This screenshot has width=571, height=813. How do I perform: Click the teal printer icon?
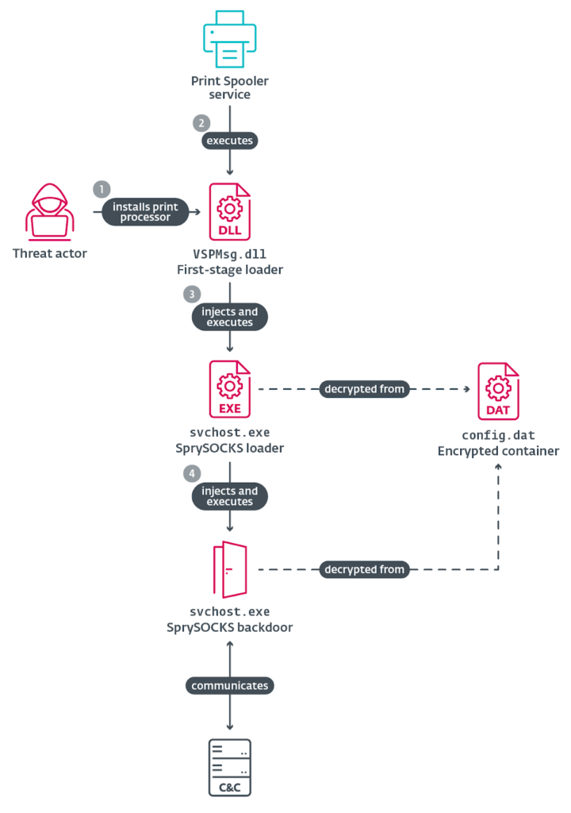coord(229,39)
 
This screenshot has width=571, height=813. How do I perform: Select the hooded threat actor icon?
coord(50,212)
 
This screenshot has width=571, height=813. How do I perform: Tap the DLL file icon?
coord(229,211)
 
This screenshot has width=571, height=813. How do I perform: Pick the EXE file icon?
coord(229,389)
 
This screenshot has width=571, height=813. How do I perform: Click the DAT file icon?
coord(498,391)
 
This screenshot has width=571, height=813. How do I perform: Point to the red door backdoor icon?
coord(229,569)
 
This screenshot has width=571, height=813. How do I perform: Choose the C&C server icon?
coord(229,768)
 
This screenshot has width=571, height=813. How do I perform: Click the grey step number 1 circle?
coord(102,189)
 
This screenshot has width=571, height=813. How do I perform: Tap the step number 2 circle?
coord(201,123)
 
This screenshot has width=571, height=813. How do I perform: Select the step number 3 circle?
coord(192,295)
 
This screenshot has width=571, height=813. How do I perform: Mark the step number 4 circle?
coord(192,473)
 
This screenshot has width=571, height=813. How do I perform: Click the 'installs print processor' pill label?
coord(145,212)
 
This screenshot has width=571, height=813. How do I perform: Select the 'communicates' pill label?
coord(229,685)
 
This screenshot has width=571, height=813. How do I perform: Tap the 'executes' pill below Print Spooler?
coord(229,141)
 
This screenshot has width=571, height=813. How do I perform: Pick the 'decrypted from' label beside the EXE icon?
coord(364,389)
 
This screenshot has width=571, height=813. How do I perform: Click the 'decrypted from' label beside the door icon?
coord(364,569)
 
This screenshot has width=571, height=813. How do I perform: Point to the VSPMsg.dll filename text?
coord(229,254)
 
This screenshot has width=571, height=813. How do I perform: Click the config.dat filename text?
coord(498,435)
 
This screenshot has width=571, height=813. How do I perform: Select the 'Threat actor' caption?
coord(50,253)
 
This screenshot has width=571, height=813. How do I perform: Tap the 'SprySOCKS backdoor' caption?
coord(229,627)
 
